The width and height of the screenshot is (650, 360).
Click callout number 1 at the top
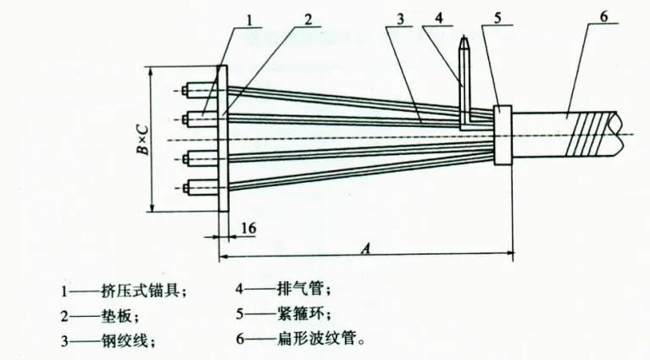pos(248,19)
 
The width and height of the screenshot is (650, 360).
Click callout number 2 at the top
pos(308,19)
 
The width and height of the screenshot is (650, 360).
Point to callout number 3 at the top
pos(400,19)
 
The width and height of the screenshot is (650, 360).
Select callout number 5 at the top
pos(497,18)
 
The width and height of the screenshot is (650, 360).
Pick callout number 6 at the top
pos(603,17)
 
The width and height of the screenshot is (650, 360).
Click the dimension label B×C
pos(142,140)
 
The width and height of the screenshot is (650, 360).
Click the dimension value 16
pos(248,228)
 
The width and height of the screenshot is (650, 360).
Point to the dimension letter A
pos(365,248)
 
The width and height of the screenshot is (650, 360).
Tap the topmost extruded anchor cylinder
pos(202,91)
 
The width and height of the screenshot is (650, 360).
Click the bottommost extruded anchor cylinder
pos(202,189)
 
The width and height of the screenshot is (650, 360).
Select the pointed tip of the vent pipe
pos(464,36)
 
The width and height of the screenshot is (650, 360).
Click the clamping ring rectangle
pos(503,135)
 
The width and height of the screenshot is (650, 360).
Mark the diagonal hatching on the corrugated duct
pos(586,134)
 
